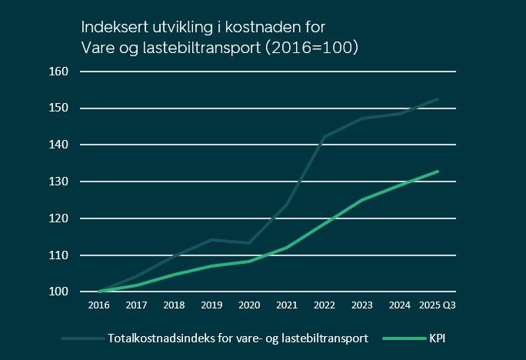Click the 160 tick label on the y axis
[x=59, y=72]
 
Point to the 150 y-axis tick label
[x=59, y=108]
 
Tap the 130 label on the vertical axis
[x=59, y=182]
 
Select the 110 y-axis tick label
[x=59, y=255]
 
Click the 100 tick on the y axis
[x=59, y=292]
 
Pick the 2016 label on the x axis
[x=99, y=306]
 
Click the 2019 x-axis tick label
[x=211, y=306]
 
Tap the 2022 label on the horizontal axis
[x=325, y=306]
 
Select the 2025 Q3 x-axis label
[x=438, y=306]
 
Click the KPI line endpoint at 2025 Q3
[x=438, y=172]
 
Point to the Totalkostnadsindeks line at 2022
[x=325, y=137]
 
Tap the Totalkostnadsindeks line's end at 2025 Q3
[x=438, y=99]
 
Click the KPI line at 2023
[x=362, y=200]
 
